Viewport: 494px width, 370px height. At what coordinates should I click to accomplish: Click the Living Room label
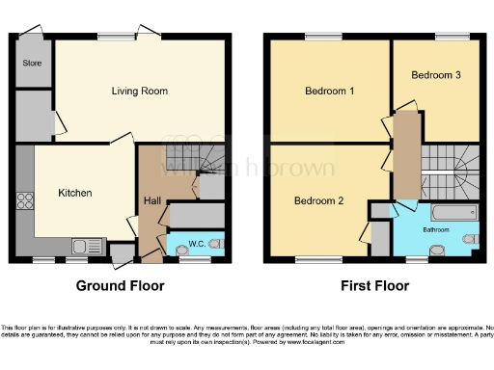(140, 92)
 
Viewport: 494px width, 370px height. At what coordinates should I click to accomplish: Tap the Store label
(31, 64)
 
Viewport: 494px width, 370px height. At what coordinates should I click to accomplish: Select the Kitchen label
(74, 193)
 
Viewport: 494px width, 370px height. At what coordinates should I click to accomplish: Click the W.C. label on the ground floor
(196, 243)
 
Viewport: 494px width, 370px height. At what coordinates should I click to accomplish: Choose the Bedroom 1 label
(330, 92)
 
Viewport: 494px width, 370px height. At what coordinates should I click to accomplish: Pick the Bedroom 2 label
(318, 200)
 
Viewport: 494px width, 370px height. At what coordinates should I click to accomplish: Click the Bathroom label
(433, 231)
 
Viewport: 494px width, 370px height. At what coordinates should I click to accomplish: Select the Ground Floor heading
(121, 286)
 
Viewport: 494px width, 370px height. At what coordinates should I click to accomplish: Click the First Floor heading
(374, 286)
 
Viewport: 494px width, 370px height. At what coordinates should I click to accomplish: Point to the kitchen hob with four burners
(25, 202)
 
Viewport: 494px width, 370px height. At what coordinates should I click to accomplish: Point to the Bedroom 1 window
(318, 37)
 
